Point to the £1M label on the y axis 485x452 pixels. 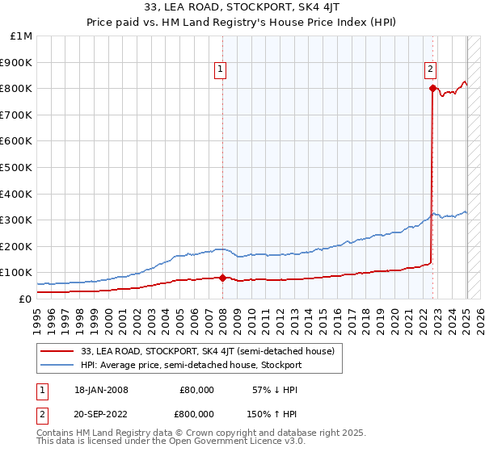point(22,36)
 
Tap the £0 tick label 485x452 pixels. point(26,299)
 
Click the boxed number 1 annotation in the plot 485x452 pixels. point(220,70)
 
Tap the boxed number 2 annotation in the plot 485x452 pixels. point(431,70)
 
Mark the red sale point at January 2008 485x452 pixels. point(223,278)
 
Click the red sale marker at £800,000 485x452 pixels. point(432,88)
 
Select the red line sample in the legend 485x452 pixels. point(58,350)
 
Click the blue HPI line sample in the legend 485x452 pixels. point(58,365)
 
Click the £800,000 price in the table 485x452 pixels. point(192,412)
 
